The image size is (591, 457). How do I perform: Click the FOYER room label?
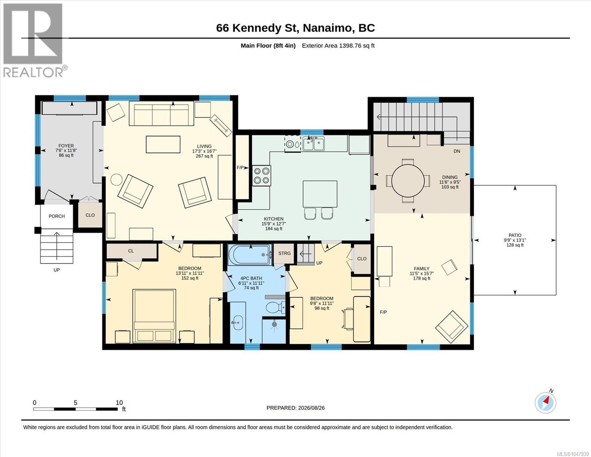(x=66, y=145)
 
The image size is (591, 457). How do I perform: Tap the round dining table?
(x=408, y=181)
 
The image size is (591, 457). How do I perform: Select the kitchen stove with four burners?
(x=261, y=176)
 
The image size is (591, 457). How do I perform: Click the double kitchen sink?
(x=313, y=144)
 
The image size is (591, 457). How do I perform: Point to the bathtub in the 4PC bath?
(x=250, y=255)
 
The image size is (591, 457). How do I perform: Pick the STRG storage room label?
(x=285, y=253)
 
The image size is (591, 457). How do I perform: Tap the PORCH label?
(x=57, y=216)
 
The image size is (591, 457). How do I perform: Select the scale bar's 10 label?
(x=119, y=403)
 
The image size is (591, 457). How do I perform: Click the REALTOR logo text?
(x=33, y=72)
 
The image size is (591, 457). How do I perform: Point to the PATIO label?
(x=515, y=235)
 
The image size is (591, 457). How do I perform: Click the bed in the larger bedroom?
(x=154, y=316)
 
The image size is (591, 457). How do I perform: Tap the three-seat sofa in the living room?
(x=161, y=113)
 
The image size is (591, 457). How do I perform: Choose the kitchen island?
(x=320, y=194)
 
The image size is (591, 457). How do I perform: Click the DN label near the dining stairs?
(x=457, y=151)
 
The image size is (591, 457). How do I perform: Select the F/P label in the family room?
(x=383, y=312)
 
